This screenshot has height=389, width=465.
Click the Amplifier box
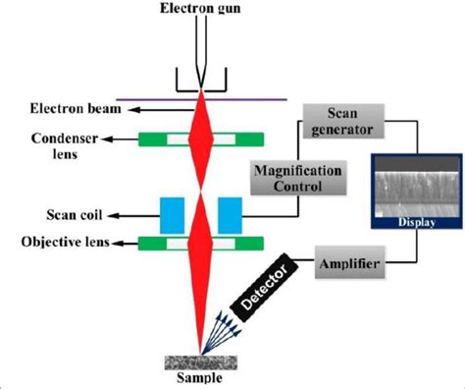click(349, 265)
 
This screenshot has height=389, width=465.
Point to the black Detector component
click(258, 292)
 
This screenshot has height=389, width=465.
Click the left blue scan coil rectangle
click(170, 212)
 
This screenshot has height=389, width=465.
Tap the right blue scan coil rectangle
click(231, 212)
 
